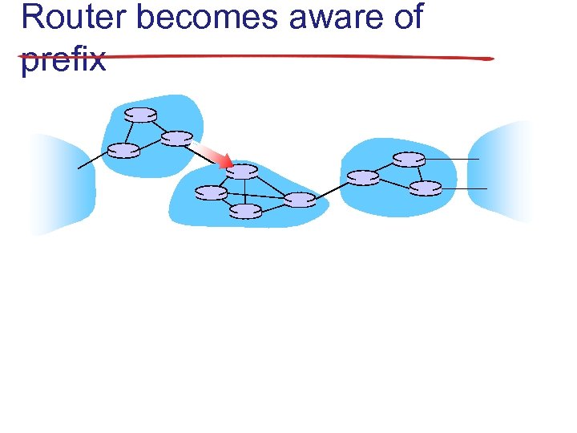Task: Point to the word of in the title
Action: pos(407,17)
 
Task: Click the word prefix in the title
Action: pos(63,59)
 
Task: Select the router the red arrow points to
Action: pos(241,171)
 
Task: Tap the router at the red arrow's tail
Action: pos(176,138)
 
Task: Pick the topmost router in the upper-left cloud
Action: pos(141,115)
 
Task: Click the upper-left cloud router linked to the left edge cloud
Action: pos(123,150)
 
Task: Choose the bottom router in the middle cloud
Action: pos(246,211)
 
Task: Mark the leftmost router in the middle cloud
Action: pos(211,192)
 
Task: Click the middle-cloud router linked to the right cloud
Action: pos(300,200)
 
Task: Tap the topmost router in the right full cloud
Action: pos(409,160)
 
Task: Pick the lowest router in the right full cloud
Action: pos(426,188)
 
